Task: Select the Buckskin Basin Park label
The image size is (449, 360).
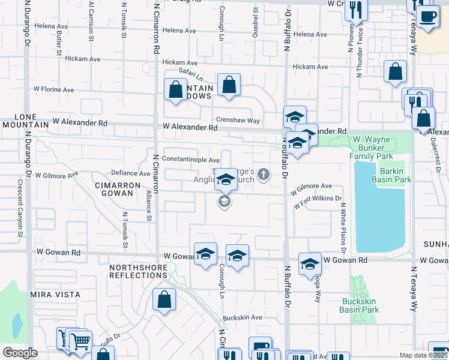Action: [x=359, y=305]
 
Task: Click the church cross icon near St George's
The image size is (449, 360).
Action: [x=263, y=175]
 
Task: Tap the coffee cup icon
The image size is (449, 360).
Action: [x=427, y=17]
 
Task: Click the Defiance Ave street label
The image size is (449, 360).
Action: [x=136, y=173]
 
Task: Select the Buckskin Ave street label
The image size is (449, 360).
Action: [x=243, y=317]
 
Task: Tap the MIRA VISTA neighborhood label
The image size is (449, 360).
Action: [x=55, y=295]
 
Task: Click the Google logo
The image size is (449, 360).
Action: [x=20, y=353]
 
